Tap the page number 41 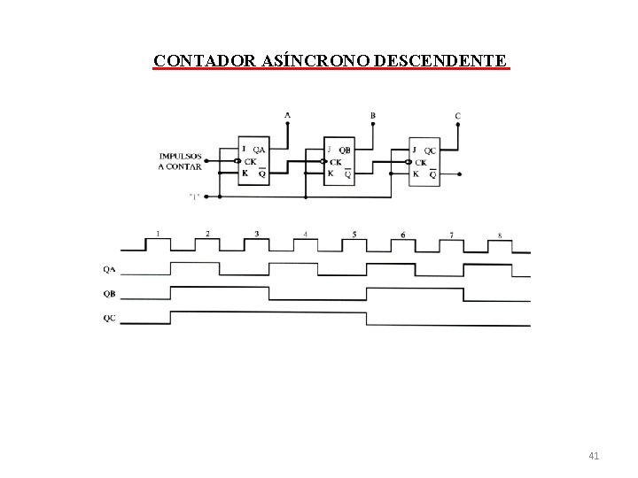click(594, 456)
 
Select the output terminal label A click(287, 115)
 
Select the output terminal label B click(372, 115)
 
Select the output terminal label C click(457, 116)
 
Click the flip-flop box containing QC click(424, 161)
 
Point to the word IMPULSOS click(181, 156)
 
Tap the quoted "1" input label click(193, 196)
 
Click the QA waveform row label click(108, 270)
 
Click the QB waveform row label click(108, 293)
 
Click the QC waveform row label click(108, 317)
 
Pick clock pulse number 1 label click(158, 233)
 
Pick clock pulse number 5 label click(354, 234)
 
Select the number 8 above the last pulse click(500, 235)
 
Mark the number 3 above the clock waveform click(256, 234)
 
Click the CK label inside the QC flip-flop click(421, 162)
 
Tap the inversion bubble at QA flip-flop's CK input click(236, 161)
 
